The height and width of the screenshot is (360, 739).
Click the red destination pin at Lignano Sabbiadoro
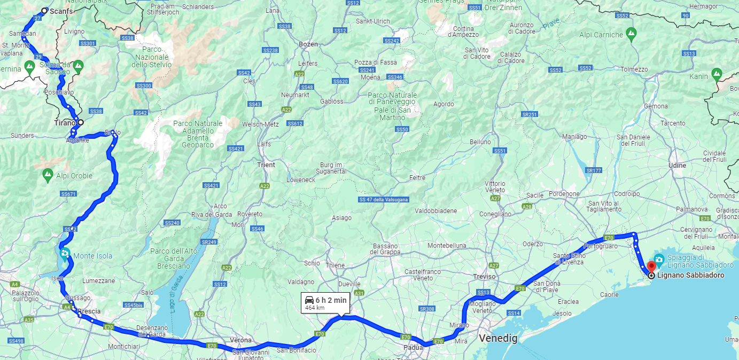click(x=651, y=267)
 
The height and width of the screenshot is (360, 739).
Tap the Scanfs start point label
click(x=60, y=11)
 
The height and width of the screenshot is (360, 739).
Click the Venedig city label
click(x=498, y=338)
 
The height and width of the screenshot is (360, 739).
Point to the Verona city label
click(x=240, y=340)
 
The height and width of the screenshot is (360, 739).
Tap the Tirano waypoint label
click(x=65, y=123)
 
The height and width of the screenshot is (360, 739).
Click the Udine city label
click(x=677, y=166)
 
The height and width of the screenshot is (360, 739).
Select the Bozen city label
click(x=308, y=44)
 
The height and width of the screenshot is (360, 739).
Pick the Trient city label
click(x=266, y=165)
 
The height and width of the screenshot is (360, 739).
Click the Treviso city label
click(x=485, y=276)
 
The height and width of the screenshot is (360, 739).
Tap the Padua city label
click(x=413, y=347)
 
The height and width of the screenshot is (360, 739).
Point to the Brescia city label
click(x=89, y=311)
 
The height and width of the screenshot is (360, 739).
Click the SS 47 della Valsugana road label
click(x=383, y=200)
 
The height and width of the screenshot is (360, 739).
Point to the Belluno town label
click(x=480, y=142)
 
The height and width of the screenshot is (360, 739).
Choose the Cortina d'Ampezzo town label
click(x=463, y=32)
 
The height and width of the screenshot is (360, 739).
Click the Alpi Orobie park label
click(x=74, y=176)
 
